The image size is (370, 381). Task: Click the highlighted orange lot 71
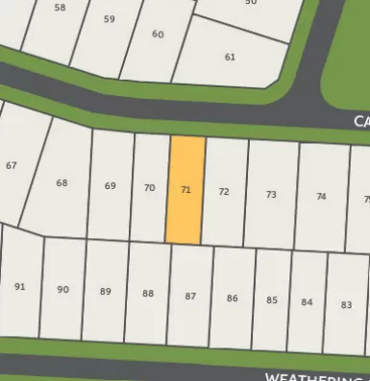[x=186, y=189]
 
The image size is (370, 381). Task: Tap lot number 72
[x=224, y=191]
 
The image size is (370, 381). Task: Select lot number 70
[x=149, y=188]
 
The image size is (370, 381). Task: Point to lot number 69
[x=111, y=186]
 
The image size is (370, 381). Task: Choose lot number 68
[x=62, y=182]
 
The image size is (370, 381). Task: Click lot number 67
[x=12, y=166]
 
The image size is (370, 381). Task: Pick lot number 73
[x=271, y=195]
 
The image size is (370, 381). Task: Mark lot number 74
[x=321, y=197]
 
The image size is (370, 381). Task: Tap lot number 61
[x=230, y=57]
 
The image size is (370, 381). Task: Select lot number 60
[x=158, y=35]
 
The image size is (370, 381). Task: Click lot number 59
[x=109, y=19]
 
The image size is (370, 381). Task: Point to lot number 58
[x=61, y=8]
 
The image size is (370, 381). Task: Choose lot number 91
[x=20, y=286]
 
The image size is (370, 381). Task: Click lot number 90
[x=62, y=289]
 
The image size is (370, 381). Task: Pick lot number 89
[x=106, y=292]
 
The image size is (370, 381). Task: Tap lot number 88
[x=147, y=294]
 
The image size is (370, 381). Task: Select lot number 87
[x=190, y=297]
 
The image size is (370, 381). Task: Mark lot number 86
[x=232, y=298]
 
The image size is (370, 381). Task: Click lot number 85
[x=272, y=300]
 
